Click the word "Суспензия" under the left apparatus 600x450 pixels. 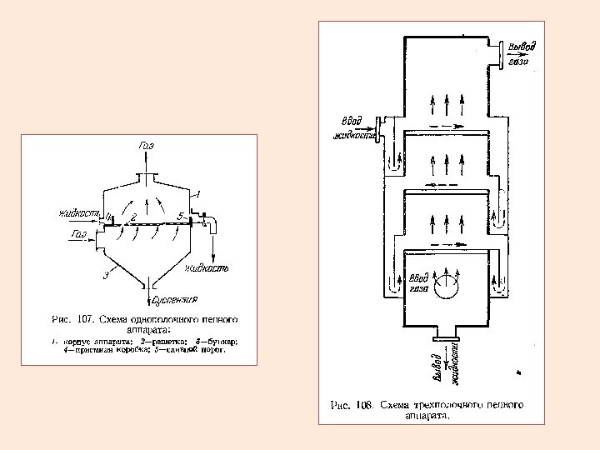point(174,298)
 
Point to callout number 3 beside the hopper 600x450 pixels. point(106,275)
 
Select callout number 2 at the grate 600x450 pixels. point(132,217)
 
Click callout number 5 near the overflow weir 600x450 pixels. point(181,216)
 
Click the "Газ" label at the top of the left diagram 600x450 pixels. point(146,146)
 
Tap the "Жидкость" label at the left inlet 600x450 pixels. point(80,214)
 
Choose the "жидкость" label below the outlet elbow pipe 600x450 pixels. point(207,268)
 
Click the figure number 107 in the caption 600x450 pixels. point(83,318)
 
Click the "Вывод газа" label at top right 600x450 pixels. point(522,52)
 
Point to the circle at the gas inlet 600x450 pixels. point(447,286)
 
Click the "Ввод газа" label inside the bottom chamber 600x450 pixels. point(417,283)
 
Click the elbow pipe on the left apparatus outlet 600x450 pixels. point(211,224)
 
